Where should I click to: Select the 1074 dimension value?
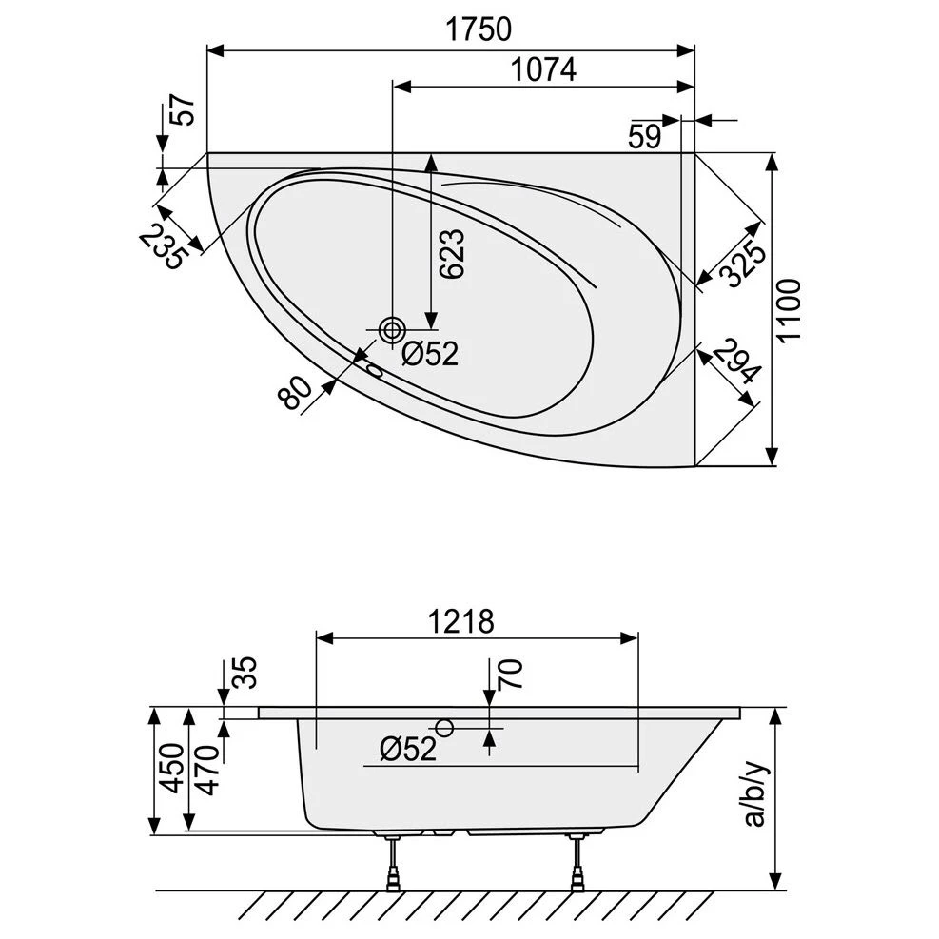coord(543,69)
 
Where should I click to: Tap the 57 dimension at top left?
coord(185,112)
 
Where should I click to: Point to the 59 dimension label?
coord(644,136)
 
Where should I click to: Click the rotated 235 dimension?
coord(161,246)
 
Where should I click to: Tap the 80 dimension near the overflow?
coord(296,390)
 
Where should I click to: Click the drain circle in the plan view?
coord(391,330)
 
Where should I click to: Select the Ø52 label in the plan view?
coord(429,354)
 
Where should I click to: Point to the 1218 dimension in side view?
coord(459,621)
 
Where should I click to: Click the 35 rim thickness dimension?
coord(244,674)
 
